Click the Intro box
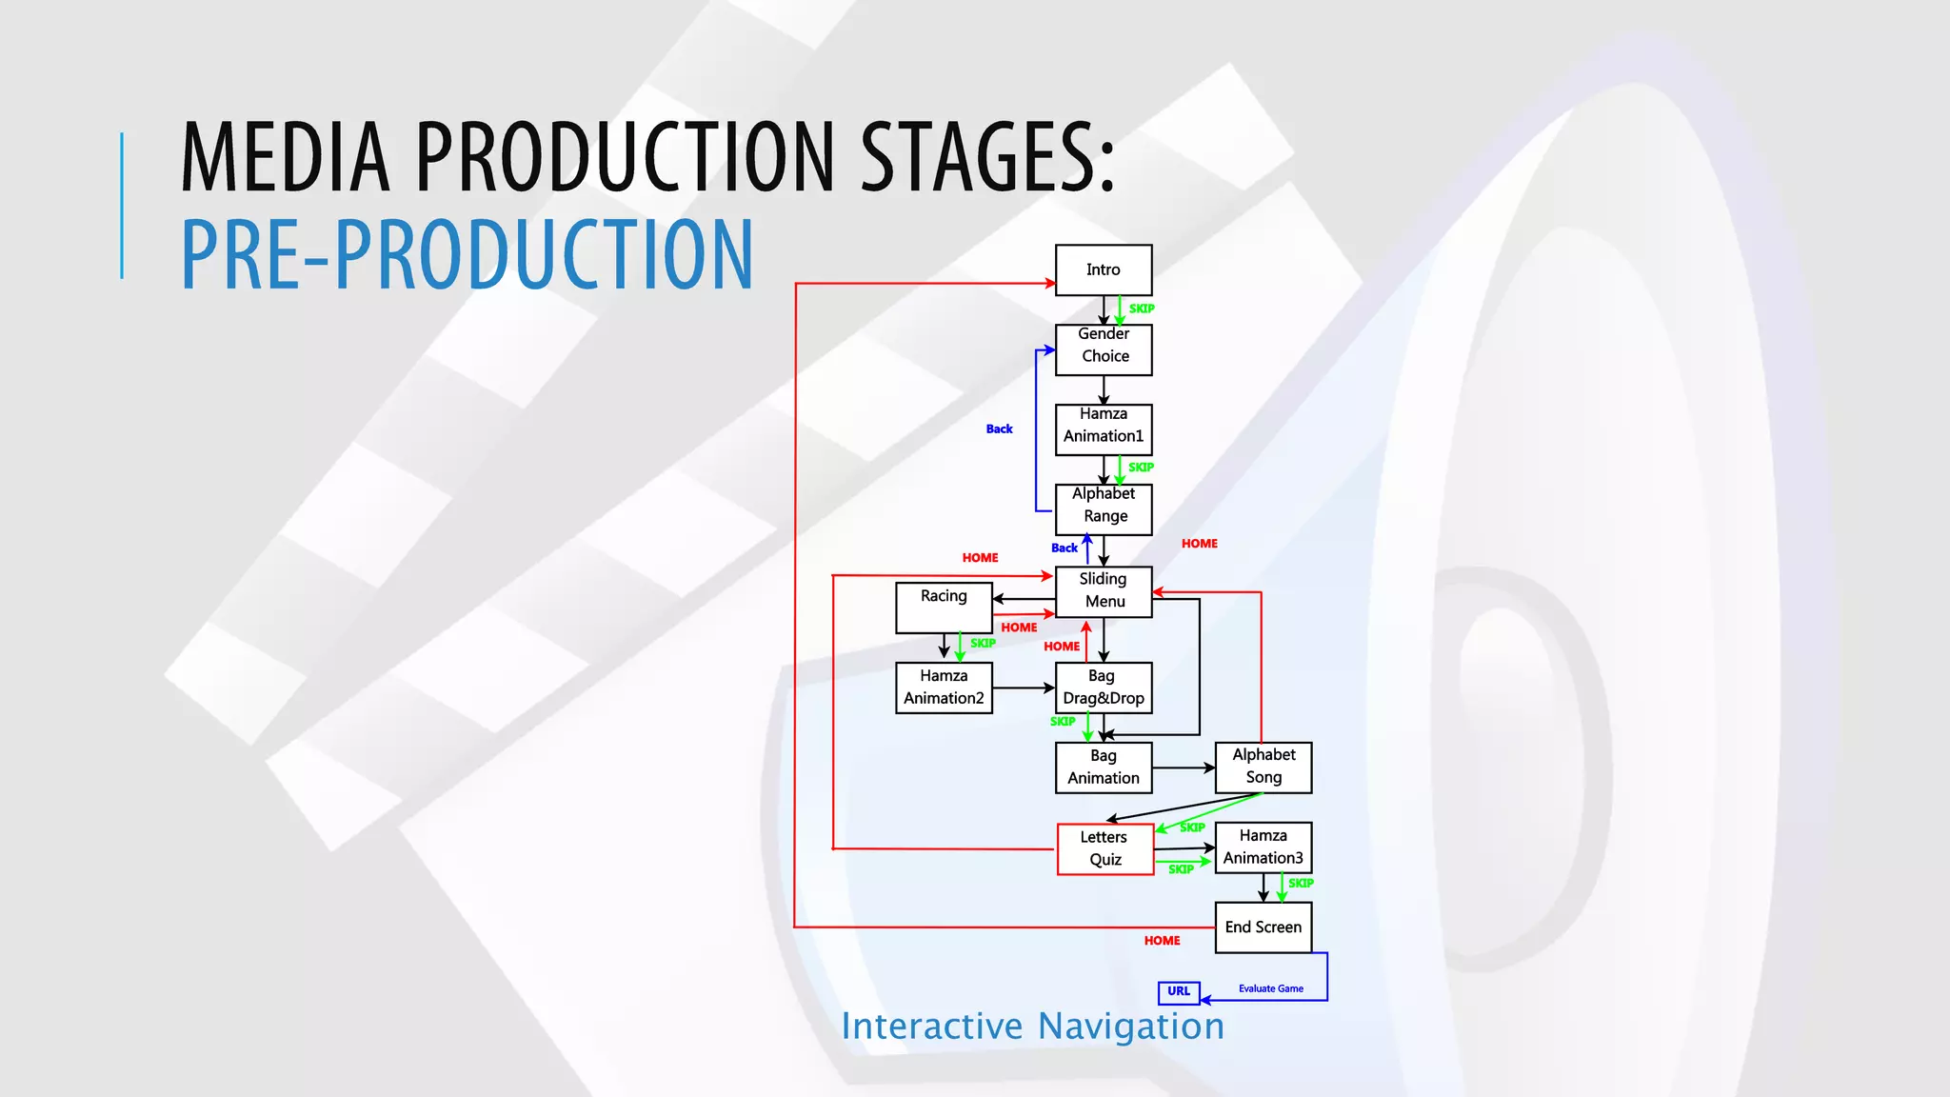[x=1104, y=269]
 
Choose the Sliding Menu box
[x=1104, y=591]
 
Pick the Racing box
[x=944, y=607]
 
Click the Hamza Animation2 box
[x=944, y=688]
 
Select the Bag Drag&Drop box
[x=1104, y=688]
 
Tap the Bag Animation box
[x=1104, y=768]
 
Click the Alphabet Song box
[x=1264, y=767]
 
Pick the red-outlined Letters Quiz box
[x=1104, y=848]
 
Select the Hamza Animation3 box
[x=1264, y=848]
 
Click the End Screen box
[x=1264, y=927]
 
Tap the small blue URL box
[x=1179, y=992]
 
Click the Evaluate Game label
[x=1270, y=988]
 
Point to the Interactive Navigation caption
[x=1032, y=1027]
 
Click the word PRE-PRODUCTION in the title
[x=467, y=254]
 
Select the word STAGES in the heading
[x=985, y=156]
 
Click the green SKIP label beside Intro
[x=1142, y=309]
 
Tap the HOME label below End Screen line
[x=1162, y=941]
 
